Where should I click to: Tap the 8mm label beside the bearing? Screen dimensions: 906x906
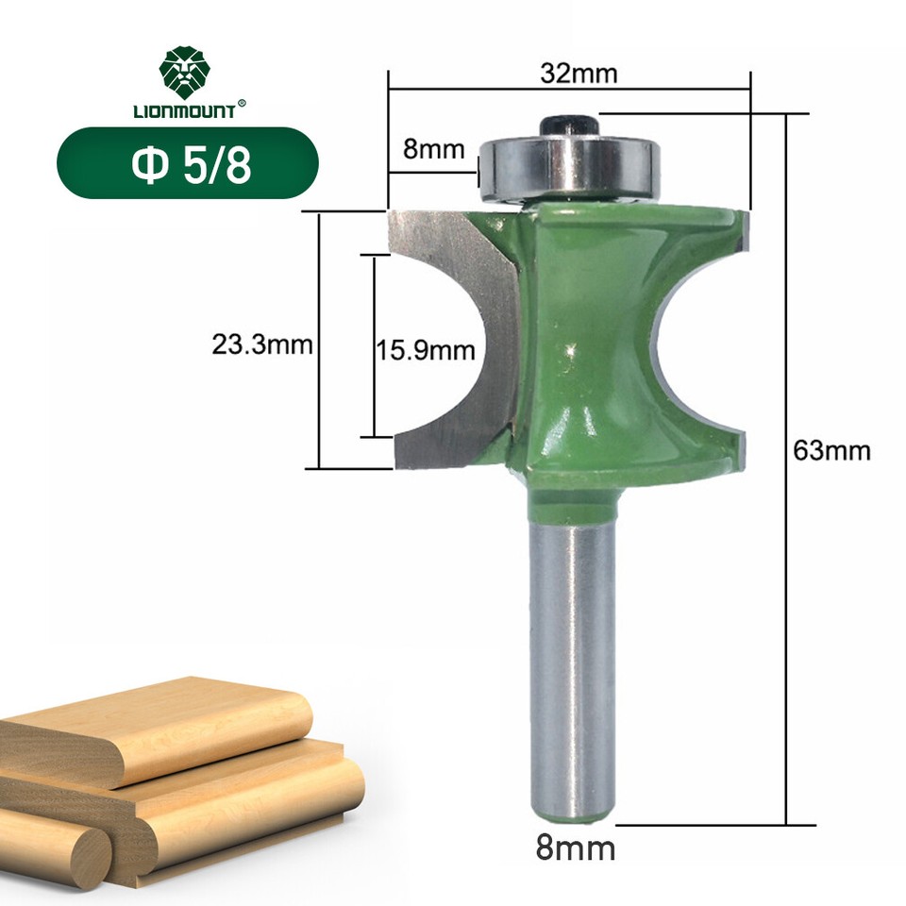click(x=434, y=148)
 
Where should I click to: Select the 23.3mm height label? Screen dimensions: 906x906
click(x=261, y=345)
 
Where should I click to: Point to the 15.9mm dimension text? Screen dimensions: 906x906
click(x=428, y=350)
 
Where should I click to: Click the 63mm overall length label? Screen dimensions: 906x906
click(x=830, y=450)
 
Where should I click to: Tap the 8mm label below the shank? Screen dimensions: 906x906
click(x=575, y=847)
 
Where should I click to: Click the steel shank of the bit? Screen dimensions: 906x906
click(x=573, y=661)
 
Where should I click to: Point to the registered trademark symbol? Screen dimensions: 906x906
click(x=242, y=104)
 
